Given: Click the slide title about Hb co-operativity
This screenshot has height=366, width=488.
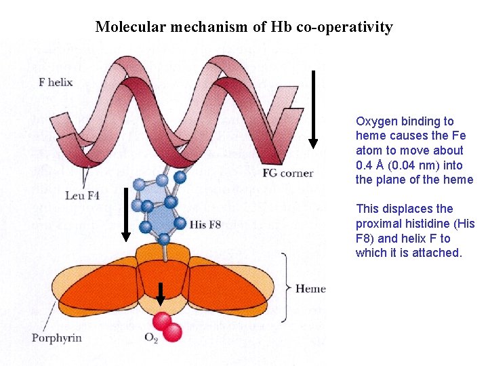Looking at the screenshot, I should click(x=243, y=27).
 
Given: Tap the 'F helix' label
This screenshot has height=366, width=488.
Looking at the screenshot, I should click(x=56, y=83).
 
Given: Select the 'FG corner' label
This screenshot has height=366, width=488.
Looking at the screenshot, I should click(x=287, y=174).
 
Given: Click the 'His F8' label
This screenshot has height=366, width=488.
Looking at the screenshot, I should click(x=205, y=224).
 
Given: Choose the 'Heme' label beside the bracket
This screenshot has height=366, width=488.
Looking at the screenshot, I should click(x=310, y=289).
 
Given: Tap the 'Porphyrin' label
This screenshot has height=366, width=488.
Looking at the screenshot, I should click(x=56, y=337).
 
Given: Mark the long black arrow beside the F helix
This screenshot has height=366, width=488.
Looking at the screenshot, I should click(x=312, y=108).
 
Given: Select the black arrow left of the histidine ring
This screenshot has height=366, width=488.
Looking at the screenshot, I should click(x=125, y=213).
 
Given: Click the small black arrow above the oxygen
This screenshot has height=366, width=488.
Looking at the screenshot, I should click(x=161, y=293).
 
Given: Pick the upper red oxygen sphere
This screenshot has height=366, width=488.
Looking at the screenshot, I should click(x=163, y=321).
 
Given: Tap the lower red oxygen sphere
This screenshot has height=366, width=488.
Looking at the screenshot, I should click(x=174, y=332).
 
